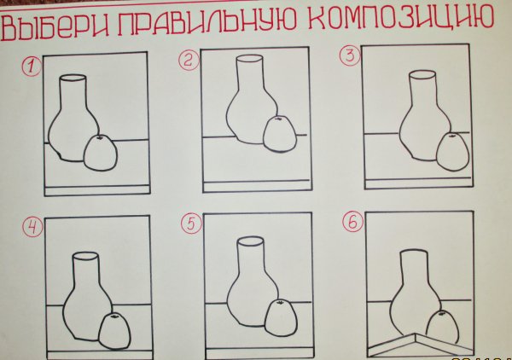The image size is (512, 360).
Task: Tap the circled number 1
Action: [x=32, y=64]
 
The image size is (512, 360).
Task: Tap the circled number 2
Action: [x=188, y=59]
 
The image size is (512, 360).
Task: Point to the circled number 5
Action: [x=191, y=224]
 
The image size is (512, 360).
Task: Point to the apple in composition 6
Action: [x=439, y=327]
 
